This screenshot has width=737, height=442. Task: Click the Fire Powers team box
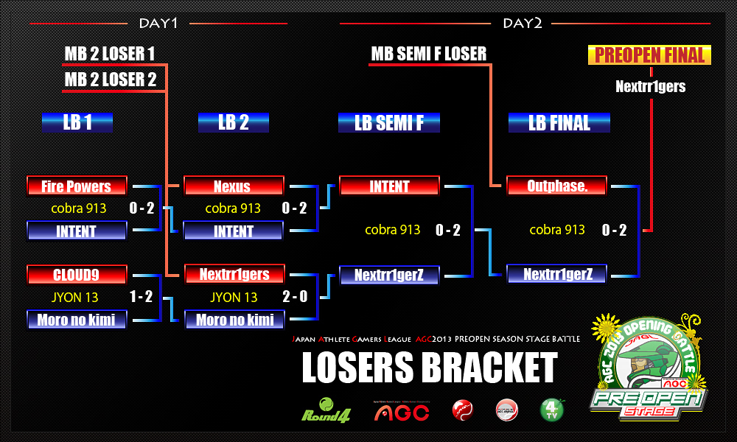pos(77,186)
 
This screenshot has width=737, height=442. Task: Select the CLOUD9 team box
pos(77,275)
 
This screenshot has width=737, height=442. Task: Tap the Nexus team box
pos(233,186)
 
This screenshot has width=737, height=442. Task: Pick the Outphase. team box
pos(557,186)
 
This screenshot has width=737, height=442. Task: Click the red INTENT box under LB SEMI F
pos(389,186)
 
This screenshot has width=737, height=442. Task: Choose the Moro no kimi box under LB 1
pos(77,320)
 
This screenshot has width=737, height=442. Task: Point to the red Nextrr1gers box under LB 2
pos(233,275)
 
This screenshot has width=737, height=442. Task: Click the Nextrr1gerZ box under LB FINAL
pos(557,275)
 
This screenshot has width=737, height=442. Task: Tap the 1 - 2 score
pos(142,298)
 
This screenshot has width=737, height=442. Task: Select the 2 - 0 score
pos(294,298)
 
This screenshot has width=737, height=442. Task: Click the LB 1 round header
pos(77,122)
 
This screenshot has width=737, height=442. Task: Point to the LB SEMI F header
pos(389,122)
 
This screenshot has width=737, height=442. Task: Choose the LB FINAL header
pos(559,122)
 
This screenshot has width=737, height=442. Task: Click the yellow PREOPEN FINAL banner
pos(650,55)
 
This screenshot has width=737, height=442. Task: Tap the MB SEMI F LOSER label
pos(428,54)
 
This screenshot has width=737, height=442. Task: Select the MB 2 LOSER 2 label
pos(111,80)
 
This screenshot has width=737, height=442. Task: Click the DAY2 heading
pos(523,24)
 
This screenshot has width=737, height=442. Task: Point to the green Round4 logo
pos(326,410)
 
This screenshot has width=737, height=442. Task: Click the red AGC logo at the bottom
pos(402,411)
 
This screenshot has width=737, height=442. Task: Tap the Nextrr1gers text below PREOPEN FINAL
pos(650,87)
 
